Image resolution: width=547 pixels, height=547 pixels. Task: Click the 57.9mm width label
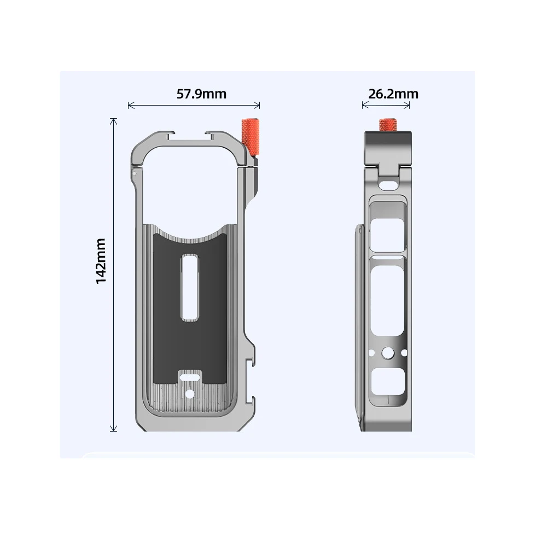[x=201, y=94]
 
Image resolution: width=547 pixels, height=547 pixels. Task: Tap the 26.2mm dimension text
[x=393, y=94]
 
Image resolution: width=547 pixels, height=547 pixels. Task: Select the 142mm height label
[x=101, y=260]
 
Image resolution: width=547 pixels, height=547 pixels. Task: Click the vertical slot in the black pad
[x=189, y=287]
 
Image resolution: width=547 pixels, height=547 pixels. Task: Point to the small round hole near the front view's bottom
[x=190, y=393]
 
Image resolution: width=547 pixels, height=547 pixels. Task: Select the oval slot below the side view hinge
[x=389, y=184]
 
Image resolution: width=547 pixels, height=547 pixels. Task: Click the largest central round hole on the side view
[x=389, y=353]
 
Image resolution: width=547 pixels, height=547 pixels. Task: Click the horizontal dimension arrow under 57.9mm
[x=193, y=105]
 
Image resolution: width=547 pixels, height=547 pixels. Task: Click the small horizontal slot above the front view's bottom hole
[x=190, y=376]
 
